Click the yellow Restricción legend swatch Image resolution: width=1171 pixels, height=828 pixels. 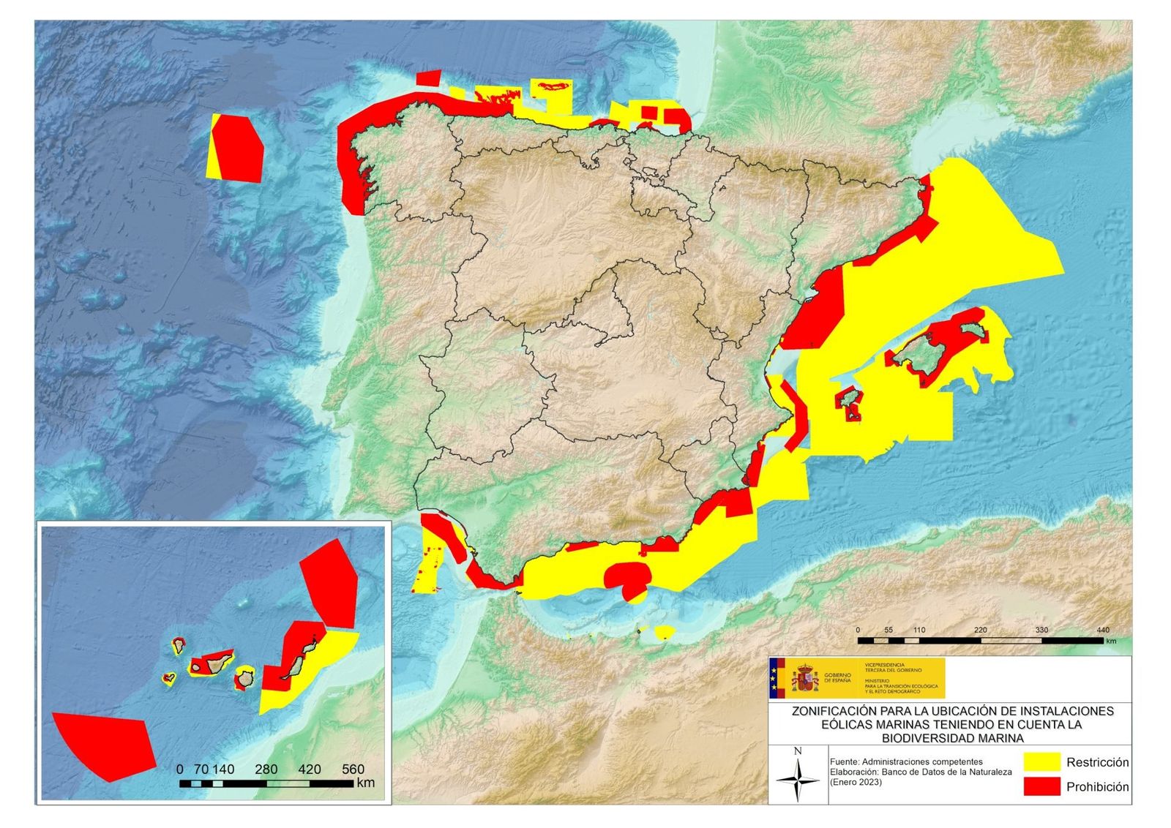1041,761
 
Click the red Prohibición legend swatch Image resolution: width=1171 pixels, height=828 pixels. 1041,786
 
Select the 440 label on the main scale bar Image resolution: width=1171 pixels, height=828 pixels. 1103,630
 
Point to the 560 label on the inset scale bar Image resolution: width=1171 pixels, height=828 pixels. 353,769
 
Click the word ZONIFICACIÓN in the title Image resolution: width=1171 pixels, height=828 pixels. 834,710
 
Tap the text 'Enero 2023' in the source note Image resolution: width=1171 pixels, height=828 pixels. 856,782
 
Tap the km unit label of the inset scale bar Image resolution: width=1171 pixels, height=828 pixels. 366,783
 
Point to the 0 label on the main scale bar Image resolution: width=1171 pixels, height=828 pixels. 858,630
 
